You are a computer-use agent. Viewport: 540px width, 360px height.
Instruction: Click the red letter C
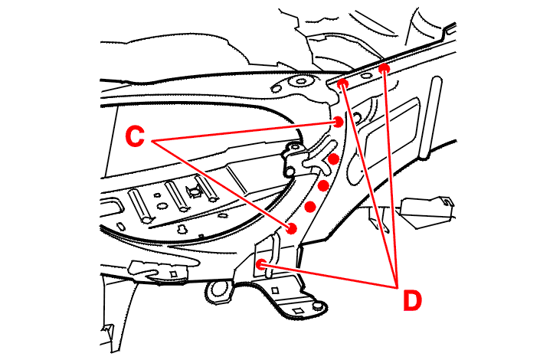136,138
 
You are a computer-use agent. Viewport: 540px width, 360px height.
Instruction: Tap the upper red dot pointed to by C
339,121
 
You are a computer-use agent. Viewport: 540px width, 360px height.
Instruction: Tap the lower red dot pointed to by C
292,228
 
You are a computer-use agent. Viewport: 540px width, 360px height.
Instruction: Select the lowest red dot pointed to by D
261,263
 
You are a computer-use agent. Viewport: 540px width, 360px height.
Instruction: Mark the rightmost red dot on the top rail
385,70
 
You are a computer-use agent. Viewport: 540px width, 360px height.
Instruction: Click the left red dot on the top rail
343,83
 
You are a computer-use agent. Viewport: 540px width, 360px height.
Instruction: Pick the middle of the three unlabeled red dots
323,185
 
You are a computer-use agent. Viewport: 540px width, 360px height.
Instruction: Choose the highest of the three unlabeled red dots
334,159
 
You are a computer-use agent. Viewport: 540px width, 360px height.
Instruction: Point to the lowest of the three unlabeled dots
310,207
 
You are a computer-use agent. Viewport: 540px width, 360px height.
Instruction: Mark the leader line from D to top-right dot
391,176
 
